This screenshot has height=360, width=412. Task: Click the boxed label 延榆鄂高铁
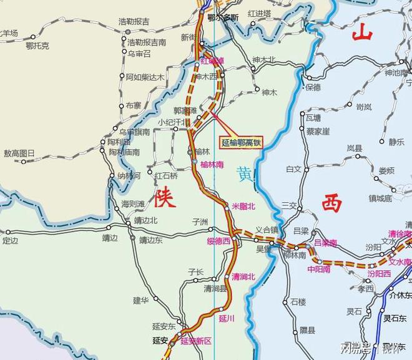(x=242, y=142)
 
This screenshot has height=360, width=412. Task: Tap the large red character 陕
(x=165, y=197)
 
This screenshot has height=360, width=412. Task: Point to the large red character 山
(x=362, y=32)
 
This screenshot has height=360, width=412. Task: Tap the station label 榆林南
(x=212, y=164)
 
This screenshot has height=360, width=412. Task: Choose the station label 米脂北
(x=243, y=206)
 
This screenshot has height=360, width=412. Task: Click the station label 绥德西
(x=218, y=241)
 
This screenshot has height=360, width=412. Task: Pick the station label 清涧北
(x=243, y=276)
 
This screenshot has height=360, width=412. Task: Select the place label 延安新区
(x=196, y=341)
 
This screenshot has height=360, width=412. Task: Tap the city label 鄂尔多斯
(x=223, y=17)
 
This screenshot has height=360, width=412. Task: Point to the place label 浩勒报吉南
(x=147, y=43)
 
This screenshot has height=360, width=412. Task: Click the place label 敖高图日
(x=19, y=153)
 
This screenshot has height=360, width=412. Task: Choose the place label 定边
(x=11, y=240)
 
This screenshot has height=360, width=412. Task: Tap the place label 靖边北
(x=145, y=221)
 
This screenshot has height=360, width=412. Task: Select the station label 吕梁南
(x=325, y=243)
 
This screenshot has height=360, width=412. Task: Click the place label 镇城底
(x=380, y=198)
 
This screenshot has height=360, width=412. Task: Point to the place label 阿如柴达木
(x=145, y=77)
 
